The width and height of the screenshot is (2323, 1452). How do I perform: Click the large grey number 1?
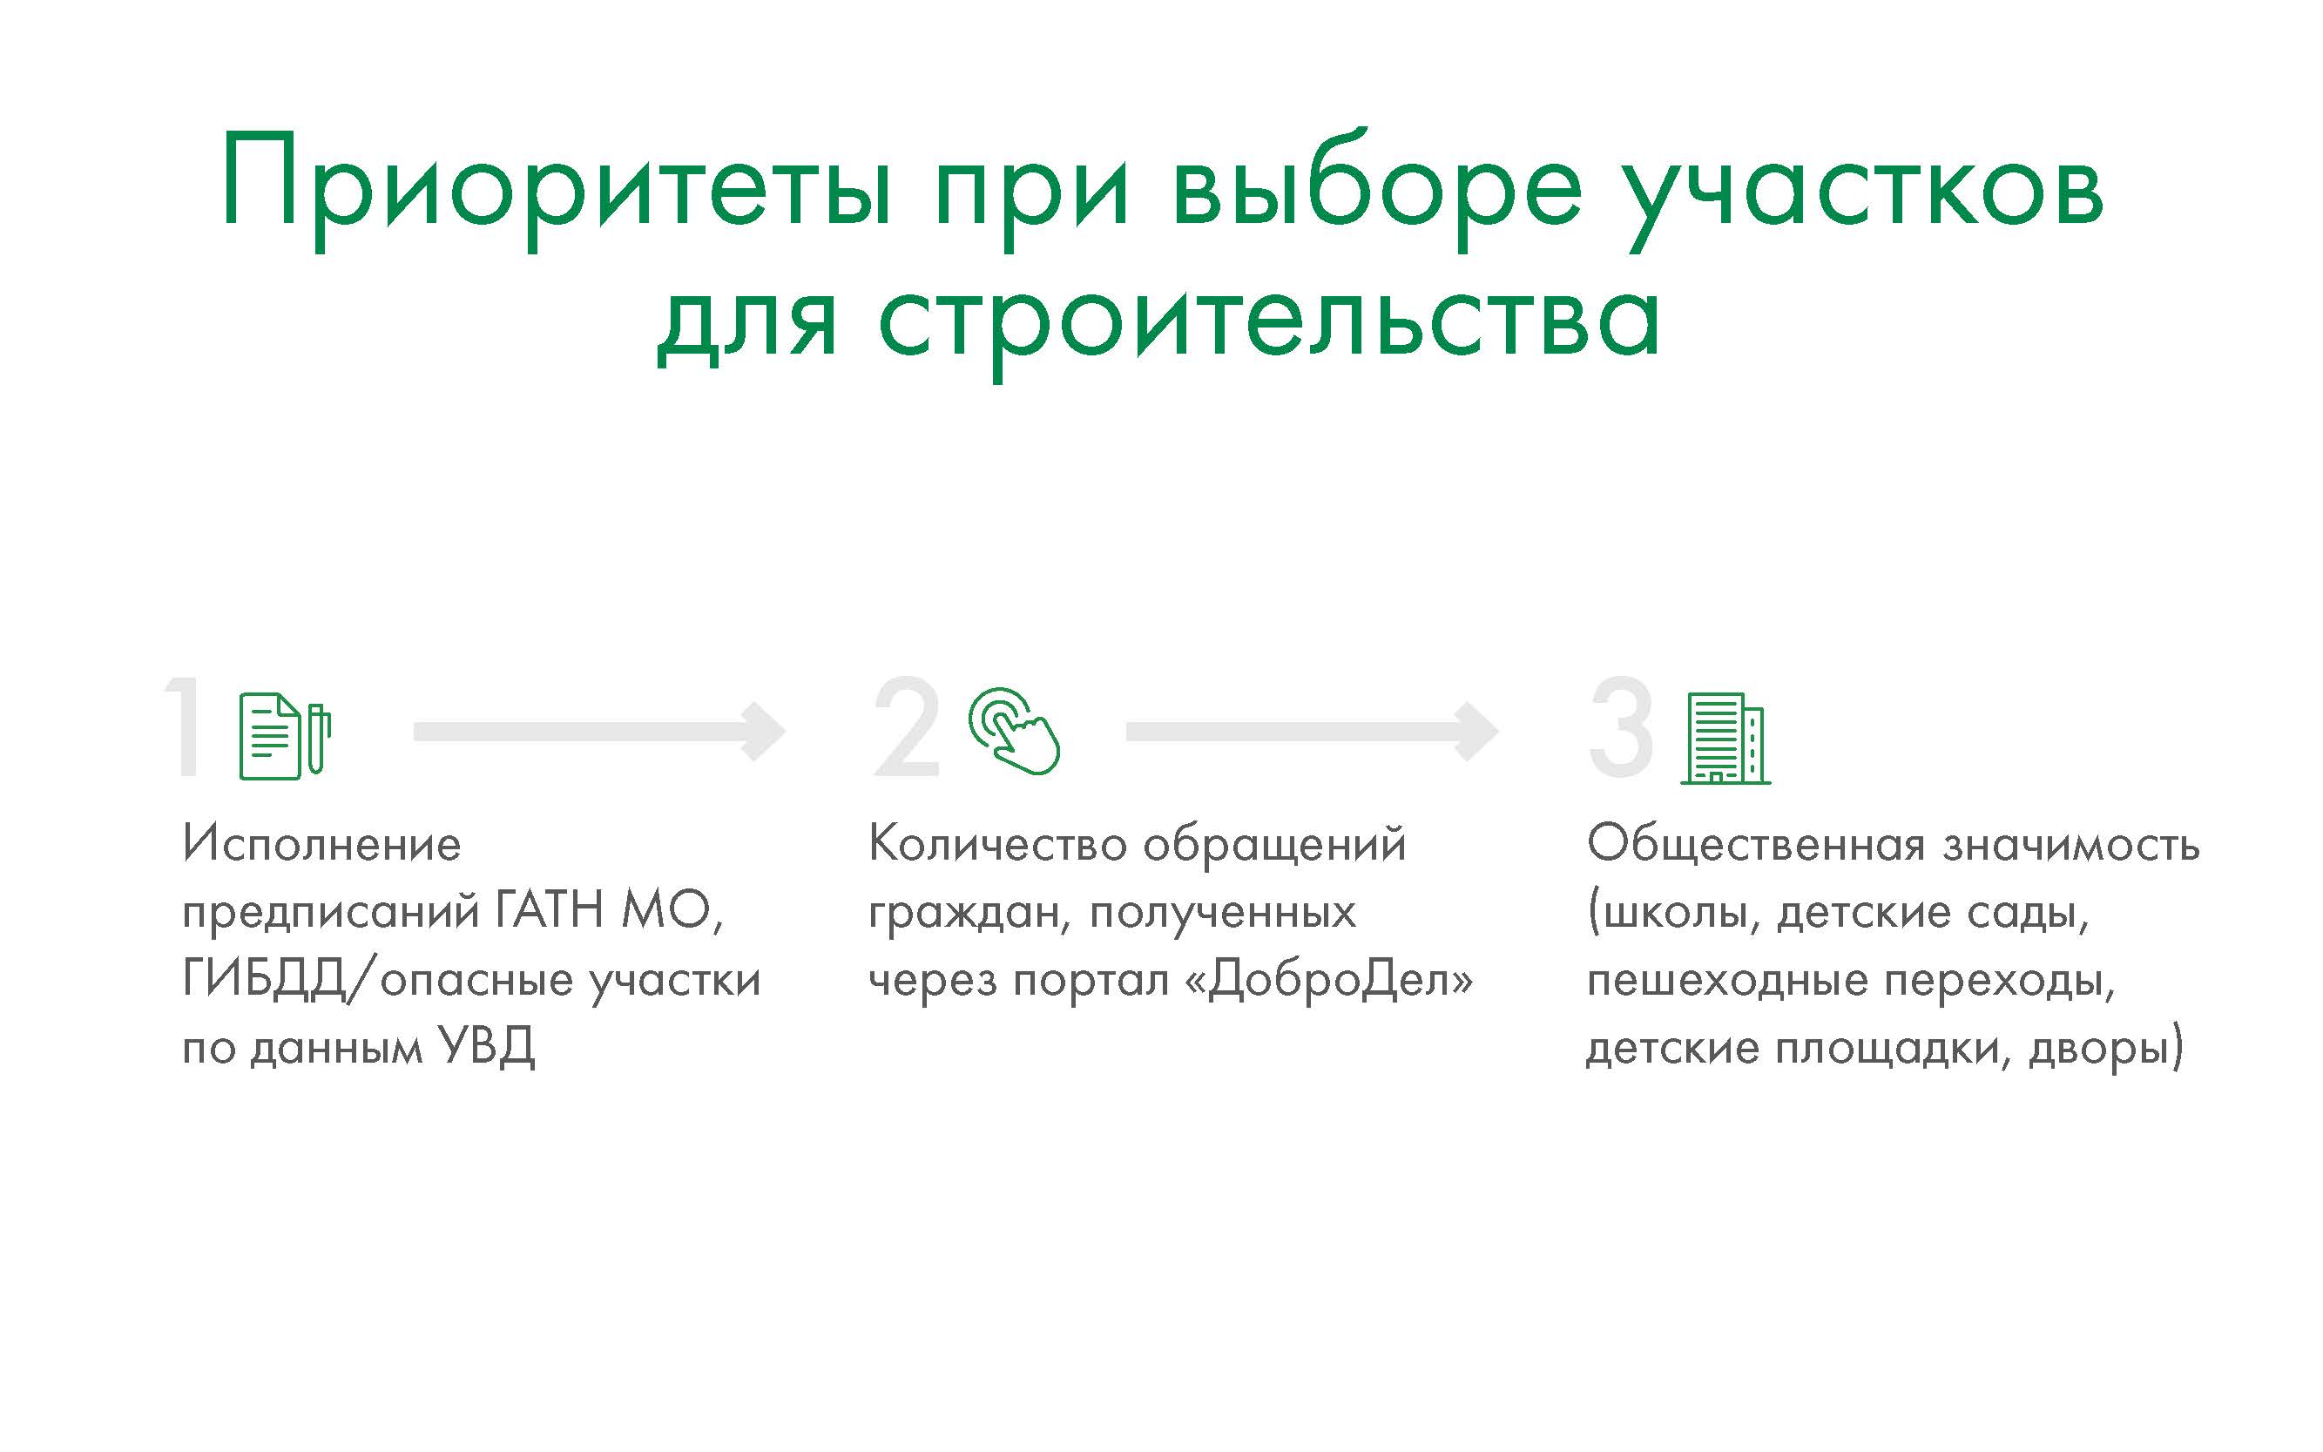(x=185, y=727)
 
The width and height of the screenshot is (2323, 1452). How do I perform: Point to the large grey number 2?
(x=906, y=727)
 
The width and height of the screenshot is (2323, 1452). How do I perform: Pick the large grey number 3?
(x=1621, y=727)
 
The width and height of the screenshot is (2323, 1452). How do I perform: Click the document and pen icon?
(x=285, y=736)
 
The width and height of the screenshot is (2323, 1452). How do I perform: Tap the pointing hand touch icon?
(x=1014, y=730)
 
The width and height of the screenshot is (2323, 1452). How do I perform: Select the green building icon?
(x=1725, y=738)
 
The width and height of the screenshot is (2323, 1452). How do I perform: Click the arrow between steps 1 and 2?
(x=599, y=732)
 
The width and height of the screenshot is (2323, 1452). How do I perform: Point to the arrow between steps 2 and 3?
(x=1312, y=732)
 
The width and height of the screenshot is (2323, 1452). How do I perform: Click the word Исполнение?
(x=321, y=845)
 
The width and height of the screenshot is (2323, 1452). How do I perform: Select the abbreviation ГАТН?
(x=550, y=909)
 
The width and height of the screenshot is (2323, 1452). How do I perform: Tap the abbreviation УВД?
(x=486, y=1047)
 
